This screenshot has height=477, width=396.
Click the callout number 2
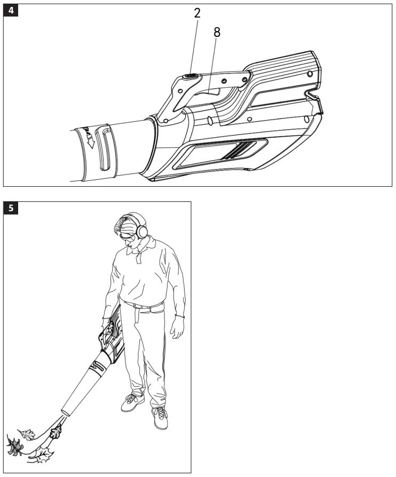coord(197,13)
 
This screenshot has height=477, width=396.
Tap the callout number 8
coord(217,32)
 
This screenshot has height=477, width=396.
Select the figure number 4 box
coord(11,11)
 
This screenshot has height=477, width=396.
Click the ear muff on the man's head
coord(142,230)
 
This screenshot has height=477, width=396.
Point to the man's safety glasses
coord(130,235)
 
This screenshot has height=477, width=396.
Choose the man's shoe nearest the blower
coord(132,402)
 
